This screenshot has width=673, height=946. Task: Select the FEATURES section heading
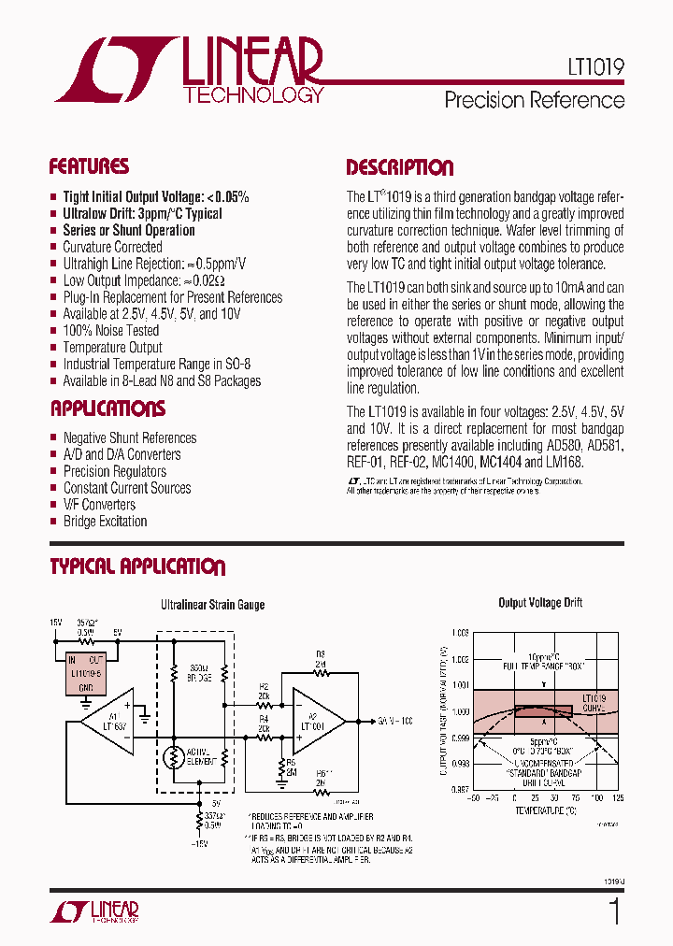pos(89,166)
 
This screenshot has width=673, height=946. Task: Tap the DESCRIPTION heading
pos(399,167)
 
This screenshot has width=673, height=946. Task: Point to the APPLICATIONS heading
pos(107,408)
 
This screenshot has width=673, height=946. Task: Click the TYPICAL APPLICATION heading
pos(137,566)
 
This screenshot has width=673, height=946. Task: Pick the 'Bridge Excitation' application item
pos(105,522)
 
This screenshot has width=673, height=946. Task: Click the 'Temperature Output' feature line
pos(112,348)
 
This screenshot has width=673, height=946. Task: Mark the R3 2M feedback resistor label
pos(320,659)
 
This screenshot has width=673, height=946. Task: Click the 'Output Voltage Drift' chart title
pos(540,603)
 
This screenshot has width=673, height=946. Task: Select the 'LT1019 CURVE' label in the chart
pos(594,703)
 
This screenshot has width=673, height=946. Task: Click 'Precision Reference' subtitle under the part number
pos(534,99)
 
